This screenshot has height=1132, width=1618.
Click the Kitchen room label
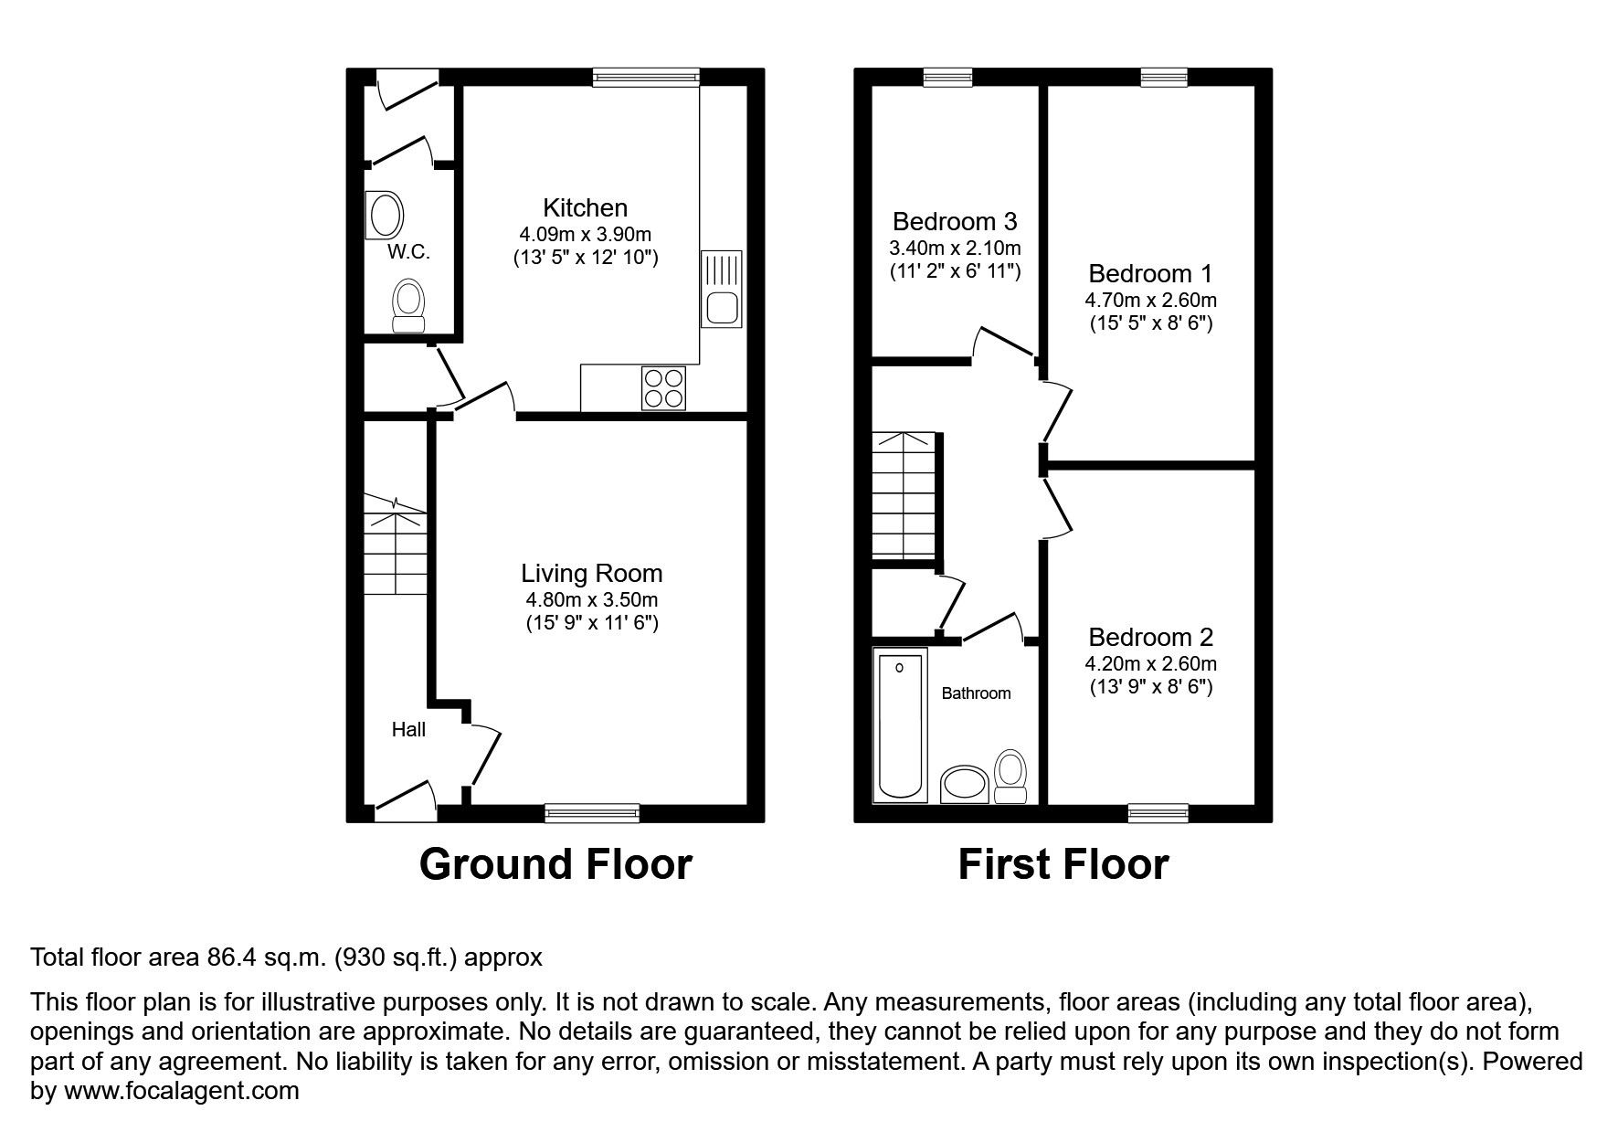click(x=585, y=207)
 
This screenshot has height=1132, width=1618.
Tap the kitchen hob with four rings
click(x=663, y=387)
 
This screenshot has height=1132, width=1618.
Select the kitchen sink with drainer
click(x=722, y=289)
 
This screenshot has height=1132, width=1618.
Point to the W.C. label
click(x=408, y=252)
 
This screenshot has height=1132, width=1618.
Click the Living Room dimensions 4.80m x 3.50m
click(x=591, y=600)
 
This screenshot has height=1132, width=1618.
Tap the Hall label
click(x=408, y=729)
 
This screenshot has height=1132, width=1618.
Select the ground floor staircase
click(x=396, y=546)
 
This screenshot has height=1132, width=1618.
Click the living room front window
click(x=592, y=812)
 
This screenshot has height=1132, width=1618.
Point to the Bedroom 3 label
click(x=955, y=221)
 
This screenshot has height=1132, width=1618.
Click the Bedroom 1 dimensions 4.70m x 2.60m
click(x=1150, y=300)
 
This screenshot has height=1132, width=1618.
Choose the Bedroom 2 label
click(x=1150, y=637)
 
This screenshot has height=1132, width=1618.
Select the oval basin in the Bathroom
click(x=964, y=784)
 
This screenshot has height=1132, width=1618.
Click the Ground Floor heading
click(x=555, y=864)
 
